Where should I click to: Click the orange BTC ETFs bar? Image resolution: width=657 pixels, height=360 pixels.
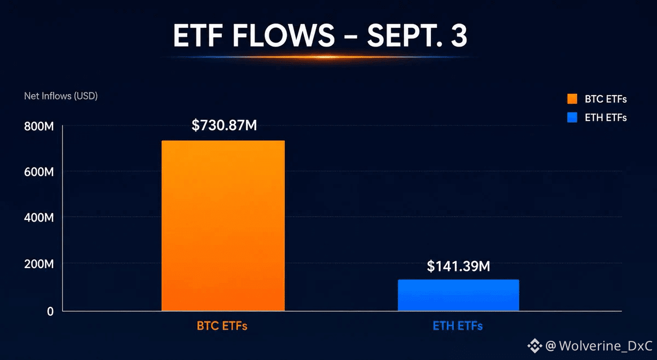point(223,225)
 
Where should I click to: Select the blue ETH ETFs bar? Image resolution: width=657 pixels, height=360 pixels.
point(458,295)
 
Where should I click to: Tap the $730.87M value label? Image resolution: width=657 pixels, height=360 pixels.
point(224,125)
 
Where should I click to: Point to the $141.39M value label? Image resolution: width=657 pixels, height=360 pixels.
point(458,266)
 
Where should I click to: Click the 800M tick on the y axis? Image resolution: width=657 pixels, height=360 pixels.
point(39,126)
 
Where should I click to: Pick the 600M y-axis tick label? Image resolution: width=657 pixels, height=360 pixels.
point(39,172)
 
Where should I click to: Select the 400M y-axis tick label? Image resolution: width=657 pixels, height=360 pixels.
point(39,218)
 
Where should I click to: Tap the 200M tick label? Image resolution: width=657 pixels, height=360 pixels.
point(39,264)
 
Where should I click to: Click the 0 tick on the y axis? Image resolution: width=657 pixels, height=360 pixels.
point(50,311)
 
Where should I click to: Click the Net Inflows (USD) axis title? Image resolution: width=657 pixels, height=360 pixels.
point(61,96)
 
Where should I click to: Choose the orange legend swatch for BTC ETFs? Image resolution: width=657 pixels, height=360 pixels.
point(572,99)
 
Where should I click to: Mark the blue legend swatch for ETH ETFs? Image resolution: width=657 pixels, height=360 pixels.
point(572,117)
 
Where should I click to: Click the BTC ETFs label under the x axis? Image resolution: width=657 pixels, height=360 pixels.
point(222,326)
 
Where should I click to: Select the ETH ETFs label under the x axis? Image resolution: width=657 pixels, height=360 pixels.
point(458,326)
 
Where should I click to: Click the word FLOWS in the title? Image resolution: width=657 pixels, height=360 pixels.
point(284,36)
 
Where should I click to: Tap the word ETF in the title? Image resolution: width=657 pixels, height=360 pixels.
point(198,36)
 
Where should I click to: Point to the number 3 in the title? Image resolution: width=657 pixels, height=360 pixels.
point(459,36)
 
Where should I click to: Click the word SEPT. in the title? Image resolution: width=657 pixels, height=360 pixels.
point(405,36)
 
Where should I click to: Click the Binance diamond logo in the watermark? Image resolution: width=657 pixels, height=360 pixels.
point(535,346)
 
